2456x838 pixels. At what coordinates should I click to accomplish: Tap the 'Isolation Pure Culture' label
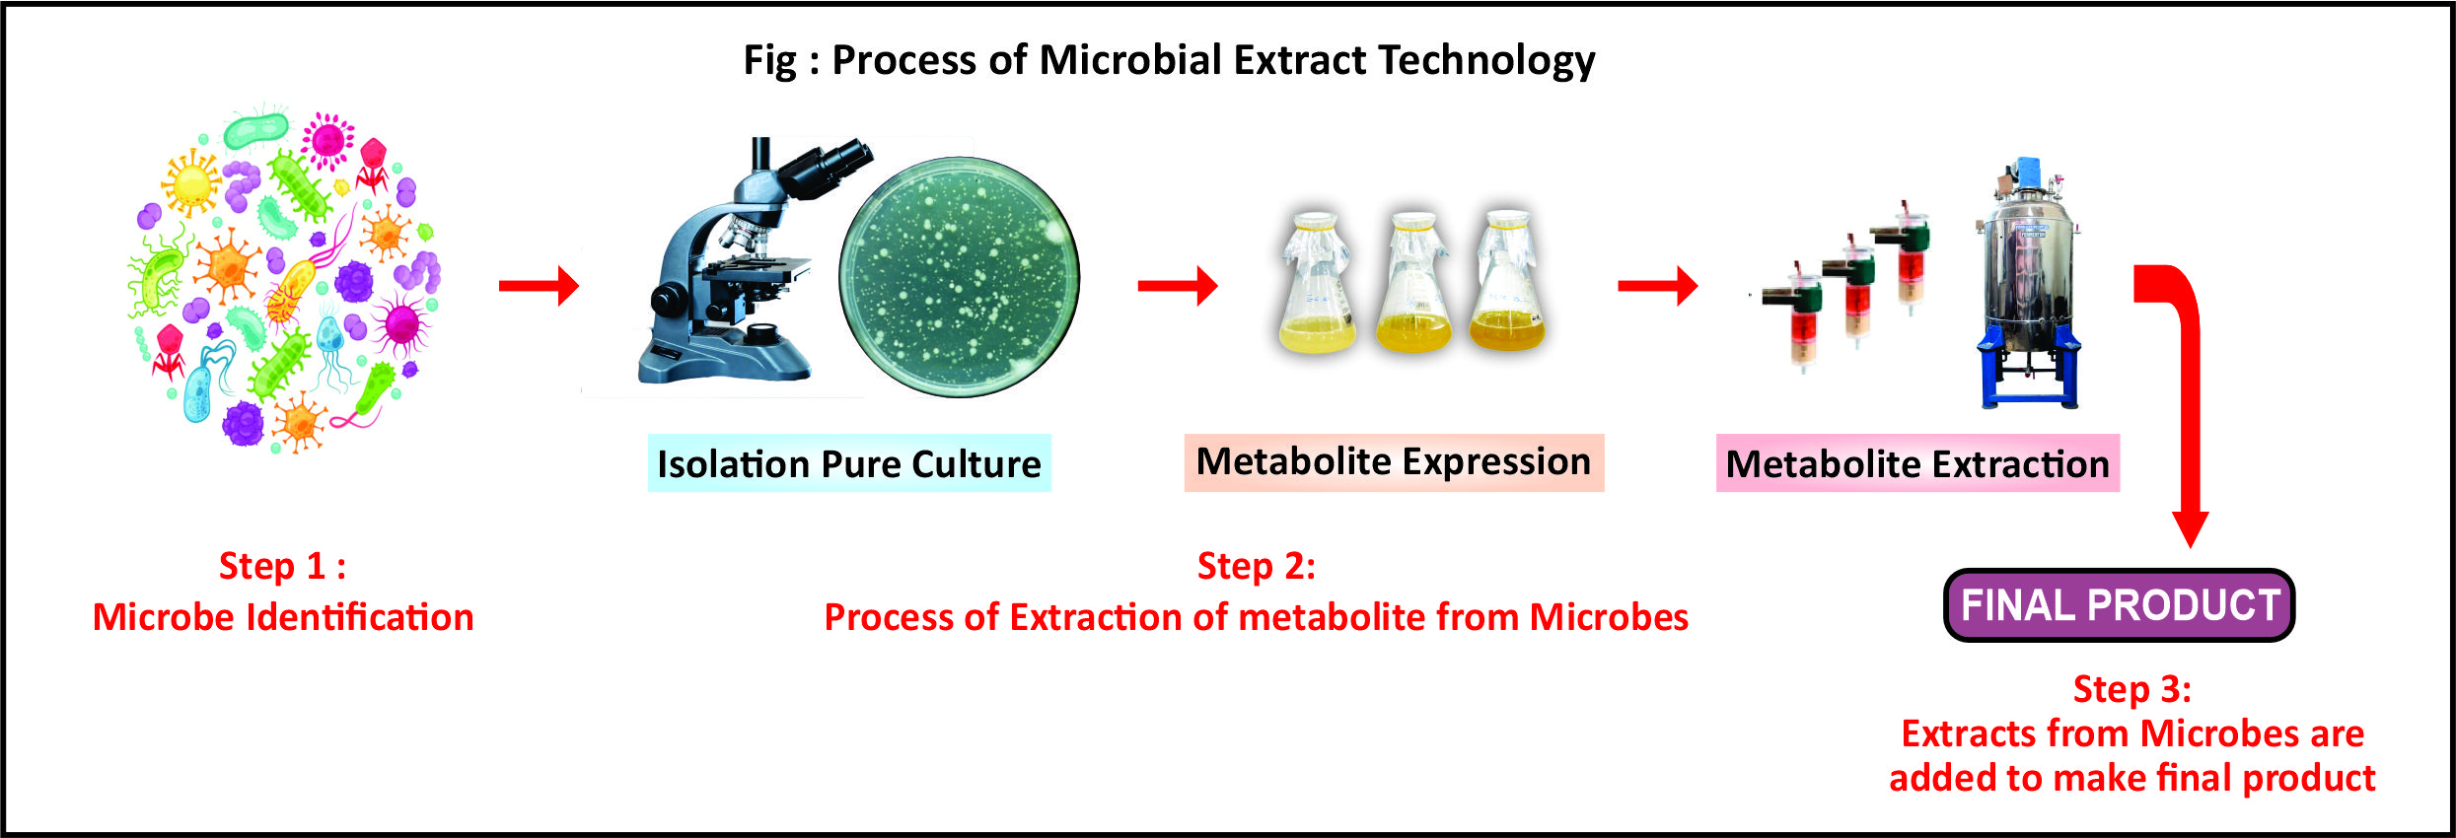(x=849, y=463)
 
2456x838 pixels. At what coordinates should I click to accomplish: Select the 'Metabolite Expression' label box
(x=1394, y=461)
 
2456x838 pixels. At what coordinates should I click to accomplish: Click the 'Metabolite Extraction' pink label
(x=1917, y=463)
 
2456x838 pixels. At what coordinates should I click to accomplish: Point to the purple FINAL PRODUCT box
(x=2119, y=604)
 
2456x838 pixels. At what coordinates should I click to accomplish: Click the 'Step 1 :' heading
(x=282, y=566)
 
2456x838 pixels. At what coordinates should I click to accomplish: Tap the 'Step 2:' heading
(x=1256, y=566)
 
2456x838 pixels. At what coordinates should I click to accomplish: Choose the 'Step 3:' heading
(x=2131, y=689)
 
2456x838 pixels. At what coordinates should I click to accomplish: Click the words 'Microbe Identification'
(x=283, y=617)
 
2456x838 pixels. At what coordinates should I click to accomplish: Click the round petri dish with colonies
(x=959, y=277)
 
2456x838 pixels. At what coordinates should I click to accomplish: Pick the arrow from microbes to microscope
(x=539, y=286)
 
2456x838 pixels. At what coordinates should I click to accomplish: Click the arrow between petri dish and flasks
(x=1178, y=286)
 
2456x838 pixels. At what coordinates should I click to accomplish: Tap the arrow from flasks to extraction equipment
(x=1658, y=286)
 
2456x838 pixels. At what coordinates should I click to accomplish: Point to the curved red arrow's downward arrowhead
(x=2190, y=528)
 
